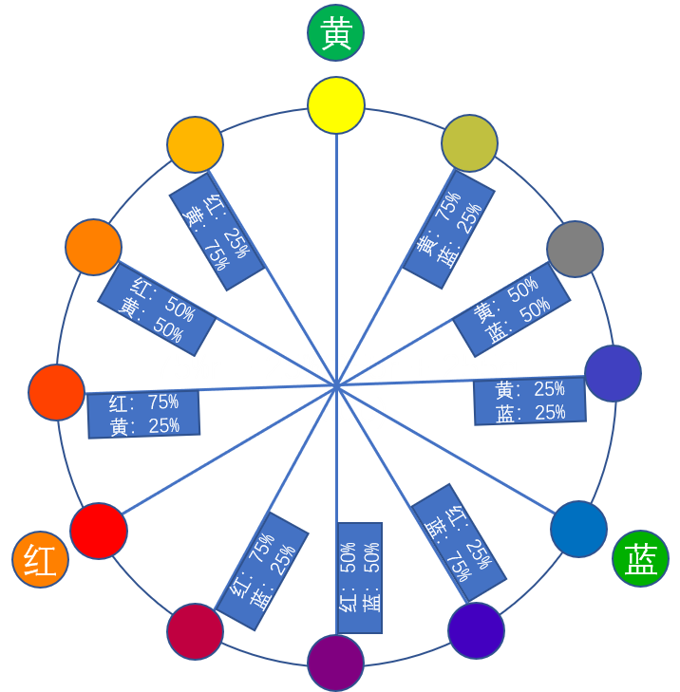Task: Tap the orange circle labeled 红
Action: click(x=40, y=559)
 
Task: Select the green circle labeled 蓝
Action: click(x=641, y=558)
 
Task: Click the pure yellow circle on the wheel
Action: click(x=335, y=104)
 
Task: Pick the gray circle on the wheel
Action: click(x=575, y=249)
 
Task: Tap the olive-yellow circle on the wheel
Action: click(x=469, y=143)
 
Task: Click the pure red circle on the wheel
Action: click(x=99, y=531)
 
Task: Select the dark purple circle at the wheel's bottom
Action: click(x=335, y=663)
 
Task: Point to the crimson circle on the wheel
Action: click(x=195, y=631)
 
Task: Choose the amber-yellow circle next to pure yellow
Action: click(x=195, y=145)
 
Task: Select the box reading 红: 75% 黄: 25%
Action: click(x=143, y=414)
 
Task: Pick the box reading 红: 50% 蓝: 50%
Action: click(x=359, y=576)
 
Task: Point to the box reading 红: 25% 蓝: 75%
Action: click(x=459, y=541)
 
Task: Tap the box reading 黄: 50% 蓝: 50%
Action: click(x=512, y=309)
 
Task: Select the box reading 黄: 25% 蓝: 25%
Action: click(x=530, y=401)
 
